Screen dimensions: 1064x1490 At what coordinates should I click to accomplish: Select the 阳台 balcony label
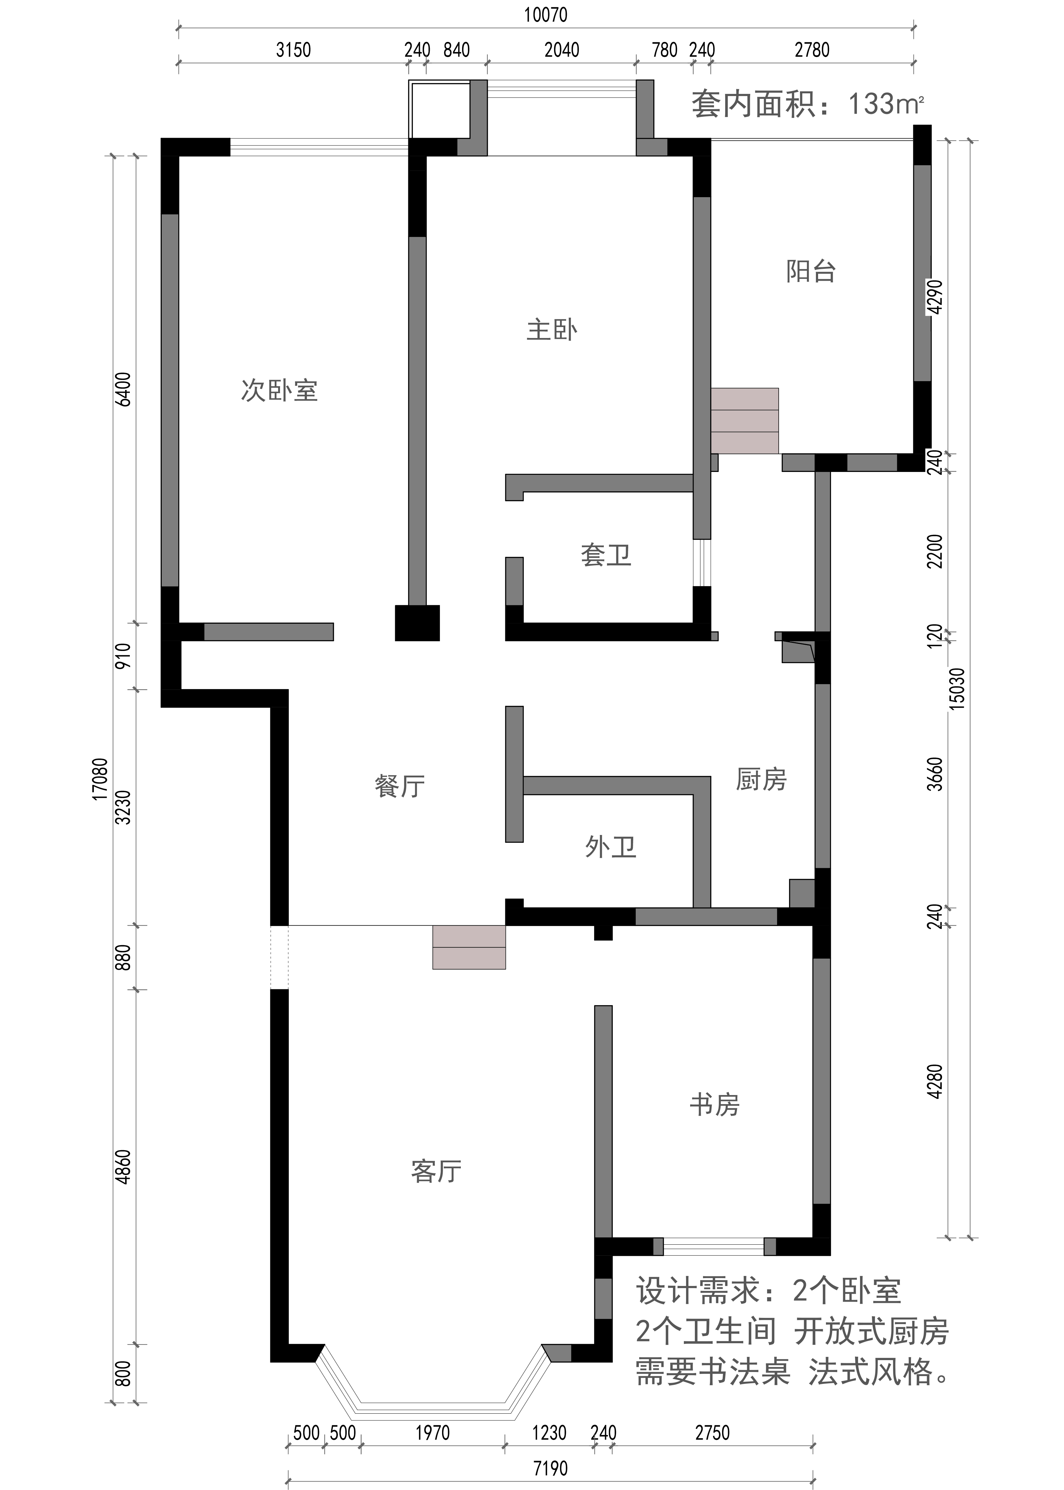coord(811,271)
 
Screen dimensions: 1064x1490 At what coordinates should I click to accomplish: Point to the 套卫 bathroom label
coord(606,556)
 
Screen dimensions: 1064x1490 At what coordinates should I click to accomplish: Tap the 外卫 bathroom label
coord(611,847)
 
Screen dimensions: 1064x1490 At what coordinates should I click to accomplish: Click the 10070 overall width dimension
coord(546,14)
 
